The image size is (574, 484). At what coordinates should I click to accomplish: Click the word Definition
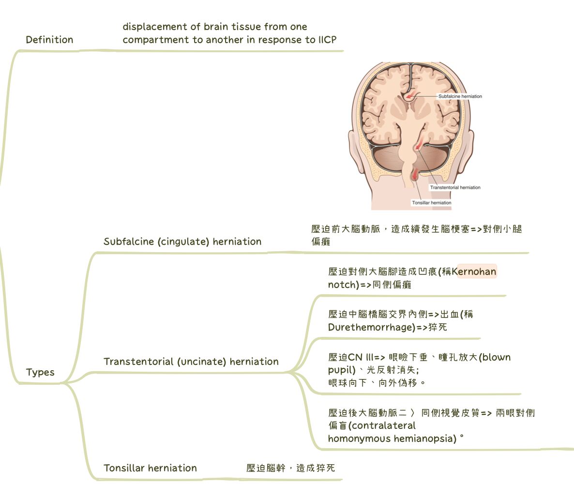coord(49,40)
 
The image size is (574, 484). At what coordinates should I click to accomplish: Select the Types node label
coord(40,373)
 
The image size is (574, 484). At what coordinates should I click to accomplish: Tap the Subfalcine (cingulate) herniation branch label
coord(182,242)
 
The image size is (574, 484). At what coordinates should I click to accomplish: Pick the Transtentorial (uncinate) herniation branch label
coord(191,362)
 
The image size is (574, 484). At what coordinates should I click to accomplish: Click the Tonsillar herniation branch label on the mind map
coord(150,468)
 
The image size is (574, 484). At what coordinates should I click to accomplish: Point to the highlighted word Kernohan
coord(477,272)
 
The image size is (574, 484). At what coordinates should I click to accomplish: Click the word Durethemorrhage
coord(372,328)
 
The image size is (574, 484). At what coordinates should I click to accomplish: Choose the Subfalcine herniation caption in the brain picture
coord(460,96)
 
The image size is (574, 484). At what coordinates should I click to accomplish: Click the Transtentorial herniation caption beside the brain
coord(455,187)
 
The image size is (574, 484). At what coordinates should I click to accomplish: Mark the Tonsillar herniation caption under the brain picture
coord(431,203)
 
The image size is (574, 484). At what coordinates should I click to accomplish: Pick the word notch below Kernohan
coord(342,285)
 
